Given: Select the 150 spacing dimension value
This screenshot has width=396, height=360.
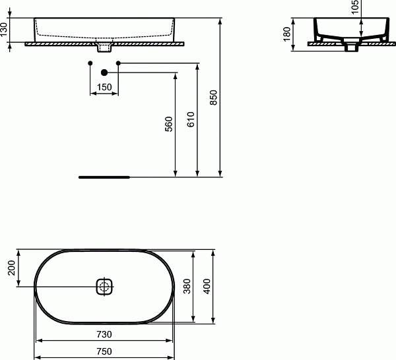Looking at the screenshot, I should [104, 87].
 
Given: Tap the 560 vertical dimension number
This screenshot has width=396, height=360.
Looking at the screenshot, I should [168, 124].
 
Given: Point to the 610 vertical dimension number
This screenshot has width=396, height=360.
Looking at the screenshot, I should [191, 119].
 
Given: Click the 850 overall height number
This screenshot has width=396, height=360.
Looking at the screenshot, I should [213, 98].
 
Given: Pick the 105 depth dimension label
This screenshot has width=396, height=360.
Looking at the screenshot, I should [355, 8].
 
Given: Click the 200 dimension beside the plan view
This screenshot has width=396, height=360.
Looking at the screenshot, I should [9, 268].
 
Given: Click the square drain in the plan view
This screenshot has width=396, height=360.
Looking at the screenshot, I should [104, 286].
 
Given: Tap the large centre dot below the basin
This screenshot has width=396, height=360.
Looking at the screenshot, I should [104, 73].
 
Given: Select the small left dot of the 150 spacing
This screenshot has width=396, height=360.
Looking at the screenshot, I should [90, 63].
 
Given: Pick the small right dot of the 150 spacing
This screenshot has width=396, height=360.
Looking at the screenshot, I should [119, 63].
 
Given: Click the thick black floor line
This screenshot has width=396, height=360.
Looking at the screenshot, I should [104, 177].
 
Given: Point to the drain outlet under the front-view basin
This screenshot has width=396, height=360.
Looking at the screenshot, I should [104, 48].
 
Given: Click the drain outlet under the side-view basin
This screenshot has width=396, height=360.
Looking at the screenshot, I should [350, 47].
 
